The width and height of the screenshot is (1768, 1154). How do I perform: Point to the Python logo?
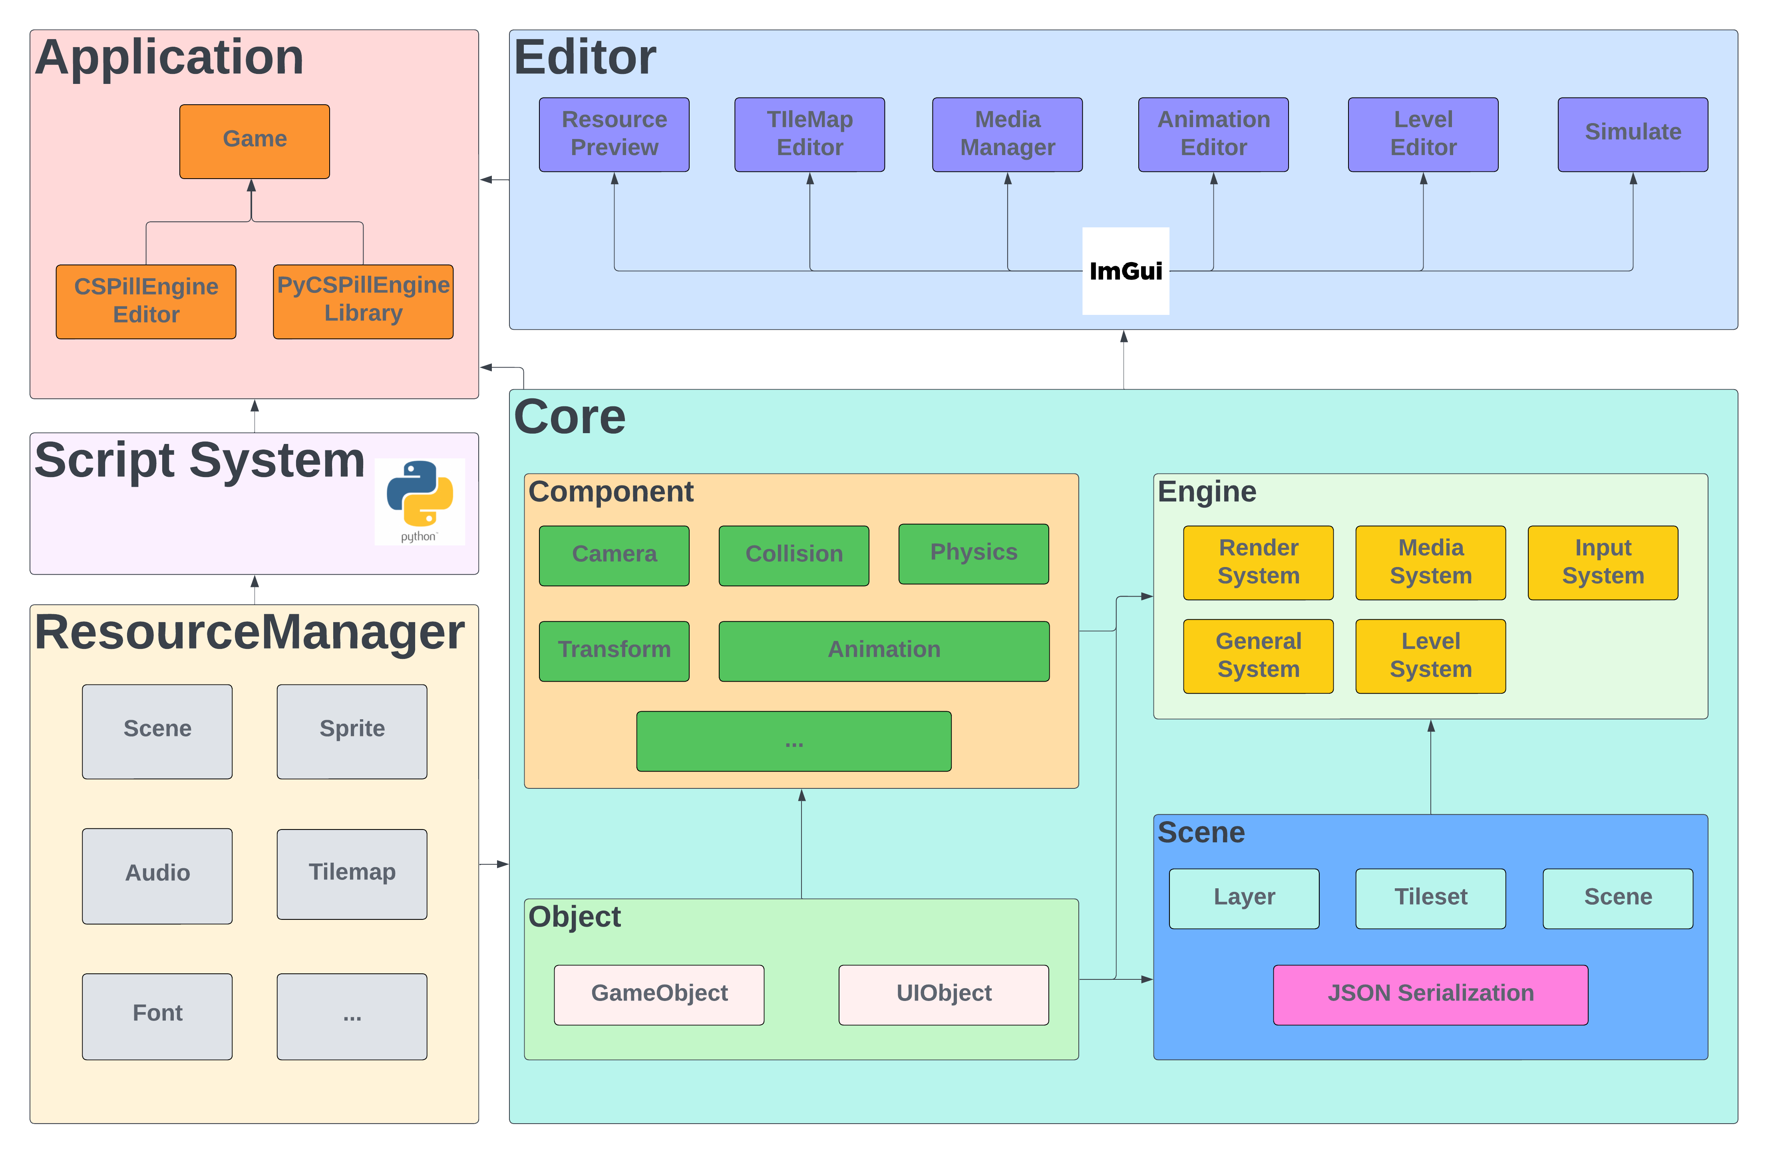(420, 500)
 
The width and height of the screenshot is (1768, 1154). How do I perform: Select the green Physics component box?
(973, 553)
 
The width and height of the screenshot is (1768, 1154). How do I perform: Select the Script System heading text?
(199, 461)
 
